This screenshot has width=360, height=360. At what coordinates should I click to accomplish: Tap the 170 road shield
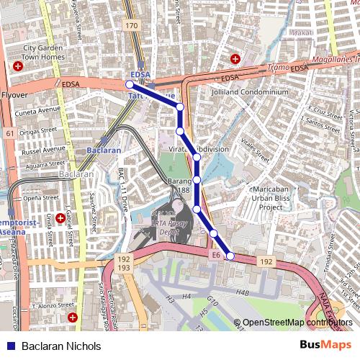click(x=130, y=26)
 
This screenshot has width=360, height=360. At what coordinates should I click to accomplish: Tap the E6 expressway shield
click(x=215, y=255)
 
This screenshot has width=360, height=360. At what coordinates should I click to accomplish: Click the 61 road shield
click(x=9, y=133)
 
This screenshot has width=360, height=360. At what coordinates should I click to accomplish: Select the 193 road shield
click(x=124, y=268)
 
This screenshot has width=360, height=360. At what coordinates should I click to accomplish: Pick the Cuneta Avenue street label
click(x=40, y=110)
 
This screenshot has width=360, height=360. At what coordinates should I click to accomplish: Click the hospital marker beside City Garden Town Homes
click(x=17, y=66)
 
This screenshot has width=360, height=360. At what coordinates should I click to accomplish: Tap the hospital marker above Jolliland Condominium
click(x=235, y=58)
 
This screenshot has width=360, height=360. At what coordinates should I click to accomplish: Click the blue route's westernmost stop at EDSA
click(x=130, y=84)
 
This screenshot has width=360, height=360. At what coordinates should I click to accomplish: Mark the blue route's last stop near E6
click(x=230, y=256)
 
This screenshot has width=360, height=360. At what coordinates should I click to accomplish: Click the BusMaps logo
click(x=320, y=345)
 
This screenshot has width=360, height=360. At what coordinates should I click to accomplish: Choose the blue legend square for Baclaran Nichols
click(x=9, y=346)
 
